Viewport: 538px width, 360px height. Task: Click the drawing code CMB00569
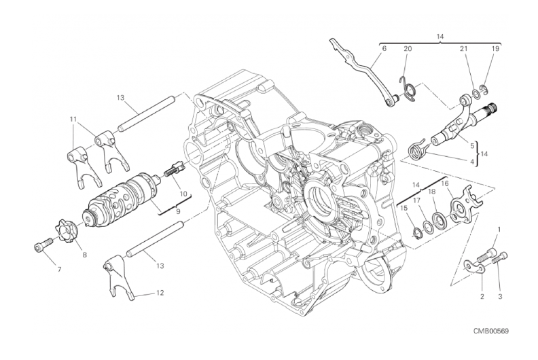(491, 331)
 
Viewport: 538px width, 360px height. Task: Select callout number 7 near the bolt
(59, 270)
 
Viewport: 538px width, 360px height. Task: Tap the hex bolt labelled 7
(43, 245)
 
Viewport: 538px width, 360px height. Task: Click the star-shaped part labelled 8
(65, 231)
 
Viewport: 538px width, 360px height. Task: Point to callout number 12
(160, 293)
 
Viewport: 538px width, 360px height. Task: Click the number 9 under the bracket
(178, 211)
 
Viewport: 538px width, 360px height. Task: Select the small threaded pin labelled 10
(175, 168)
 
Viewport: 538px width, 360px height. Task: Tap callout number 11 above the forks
(73, 120)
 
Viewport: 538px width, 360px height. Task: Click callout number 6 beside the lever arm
(384, 49)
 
